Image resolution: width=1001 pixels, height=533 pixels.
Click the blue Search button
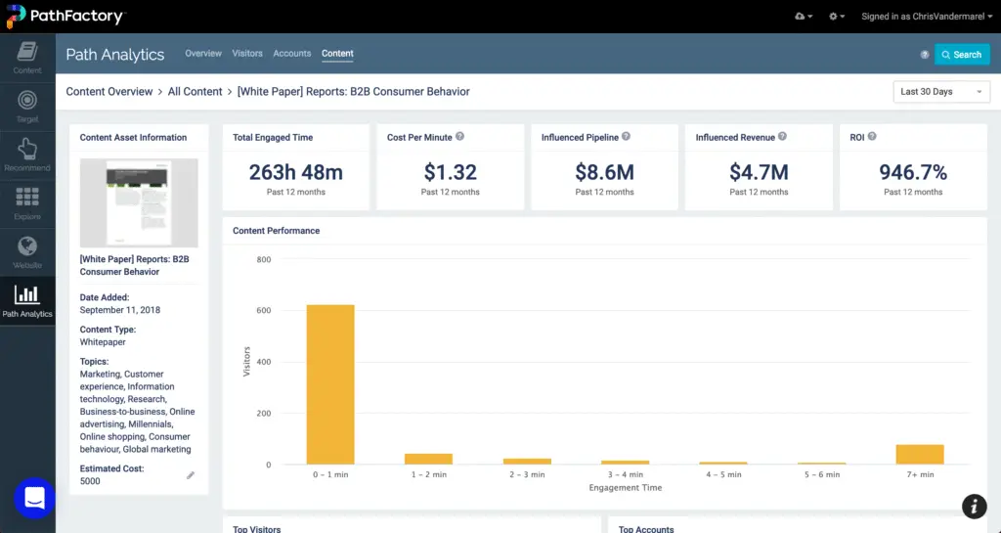point(962,55)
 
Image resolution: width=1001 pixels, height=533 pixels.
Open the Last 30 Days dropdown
point(941,92)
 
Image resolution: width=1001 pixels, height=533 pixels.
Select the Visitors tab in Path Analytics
point(247,54)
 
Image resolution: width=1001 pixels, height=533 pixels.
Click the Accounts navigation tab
point(292,54)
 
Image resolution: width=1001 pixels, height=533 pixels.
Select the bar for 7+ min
point(920,454)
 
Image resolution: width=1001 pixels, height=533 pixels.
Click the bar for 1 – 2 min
point(428,459)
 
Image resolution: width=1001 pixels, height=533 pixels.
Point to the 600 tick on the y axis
point(264,311)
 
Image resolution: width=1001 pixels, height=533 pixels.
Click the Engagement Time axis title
point(625,487)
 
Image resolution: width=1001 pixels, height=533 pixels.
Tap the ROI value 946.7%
point(913,173)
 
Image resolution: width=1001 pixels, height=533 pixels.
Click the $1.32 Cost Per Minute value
point(450,173)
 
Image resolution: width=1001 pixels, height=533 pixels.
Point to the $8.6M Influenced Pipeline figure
point(604,173)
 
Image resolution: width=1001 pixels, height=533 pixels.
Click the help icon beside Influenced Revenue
point(782,137)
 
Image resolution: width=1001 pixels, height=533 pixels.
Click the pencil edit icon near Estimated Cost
point(191,475)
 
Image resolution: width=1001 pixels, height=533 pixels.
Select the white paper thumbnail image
point(139,202)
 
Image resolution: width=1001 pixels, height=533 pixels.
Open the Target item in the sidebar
point(27,106)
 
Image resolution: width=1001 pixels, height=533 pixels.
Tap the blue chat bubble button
point(34,498)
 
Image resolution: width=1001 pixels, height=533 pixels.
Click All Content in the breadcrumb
point(196,92)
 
